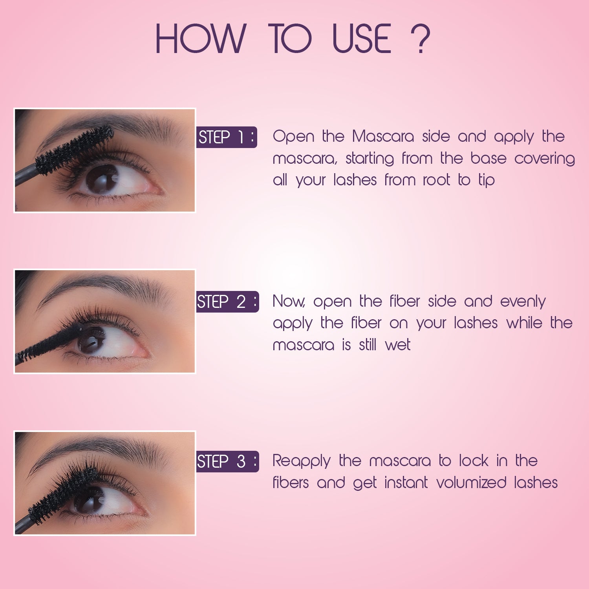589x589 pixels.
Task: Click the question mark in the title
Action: coord(420,38)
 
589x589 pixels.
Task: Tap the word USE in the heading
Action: coord(361,38)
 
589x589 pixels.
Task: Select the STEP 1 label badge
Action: coord(227,137)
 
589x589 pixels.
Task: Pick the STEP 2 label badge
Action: coord(227,302)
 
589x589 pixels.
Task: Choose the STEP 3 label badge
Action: coord(227,461)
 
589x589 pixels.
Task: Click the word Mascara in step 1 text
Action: coord(383,137)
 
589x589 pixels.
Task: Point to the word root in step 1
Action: coord(436,180)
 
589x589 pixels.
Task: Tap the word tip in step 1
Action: coord(486,181)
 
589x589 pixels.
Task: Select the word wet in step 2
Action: coord(397,345)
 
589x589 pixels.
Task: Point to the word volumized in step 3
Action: coord(471,483)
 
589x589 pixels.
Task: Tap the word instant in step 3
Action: coord(406,483)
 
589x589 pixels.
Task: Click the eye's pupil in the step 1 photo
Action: coord(101,179)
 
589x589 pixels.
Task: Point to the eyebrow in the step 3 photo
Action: coord(98,448)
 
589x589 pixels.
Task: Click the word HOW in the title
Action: coord(200,38)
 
